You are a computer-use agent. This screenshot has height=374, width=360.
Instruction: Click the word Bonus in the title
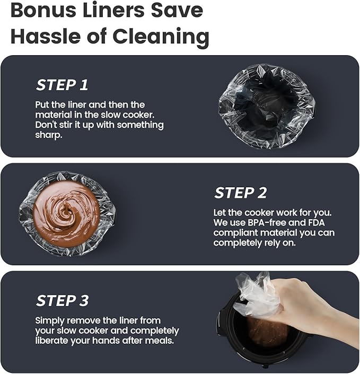tap(43, 10)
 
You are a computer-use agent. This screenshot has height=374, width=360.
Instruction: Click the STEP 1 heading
tap(62, 85)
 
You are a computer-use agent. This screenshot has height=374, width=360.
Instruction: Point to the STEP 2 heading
tap(241, 193)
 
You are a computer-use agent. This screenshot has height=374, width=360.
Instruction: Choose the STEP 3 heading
tap(63, 300)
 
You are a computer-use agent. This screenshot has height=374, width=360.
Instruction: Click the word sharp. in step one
tap(49, 135)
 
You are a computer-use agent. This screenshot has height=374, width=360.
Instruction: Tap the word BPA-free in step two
tap(267, 223)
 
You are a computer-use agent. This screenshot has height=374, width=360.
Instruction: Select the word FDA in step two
tap(316, 223)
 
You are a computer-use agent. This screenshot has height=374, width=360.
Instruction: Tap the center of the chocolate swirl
tap(66, 213)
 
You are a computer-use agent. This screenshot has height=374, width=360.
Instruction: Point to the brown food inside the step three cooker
tap(268, 332)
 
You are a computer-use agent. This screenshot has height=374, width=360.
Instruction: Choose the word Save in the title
tap(177, 10)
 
